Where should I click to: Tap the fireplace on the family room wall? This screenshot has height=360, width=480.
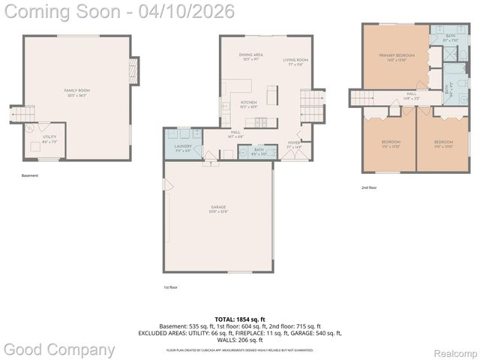(x=133, y=71)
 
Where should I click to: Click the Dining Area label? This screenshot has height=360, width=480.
(x=250, y=56)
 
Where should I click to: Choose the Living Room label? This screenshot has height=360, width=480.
(x=295, y=61)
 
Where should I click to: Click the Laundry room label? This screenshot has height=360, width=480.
(x=182, y=148)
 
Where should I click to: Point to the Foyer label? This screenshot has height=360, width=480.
(x=294, y=145)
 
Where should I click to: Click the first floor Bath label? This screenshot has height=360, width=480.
(x=258, y=151)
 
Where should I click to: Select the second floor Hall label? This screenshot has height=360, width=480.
(x=412, y=95)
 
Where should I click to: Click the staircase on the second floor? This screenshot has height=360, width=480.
(x=362, y=98)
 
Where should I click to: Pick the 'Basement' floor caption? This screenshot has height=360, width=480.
(x=30, y=175)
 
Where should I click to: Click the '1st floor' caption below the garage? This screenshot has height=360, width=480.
(x=171, y=287)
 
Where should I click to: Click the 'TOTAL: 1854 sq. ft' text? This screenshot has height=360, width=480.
(x=239, y=318)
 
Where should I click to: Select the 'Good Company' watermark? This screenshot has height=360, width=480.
(x=59, y=349)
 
